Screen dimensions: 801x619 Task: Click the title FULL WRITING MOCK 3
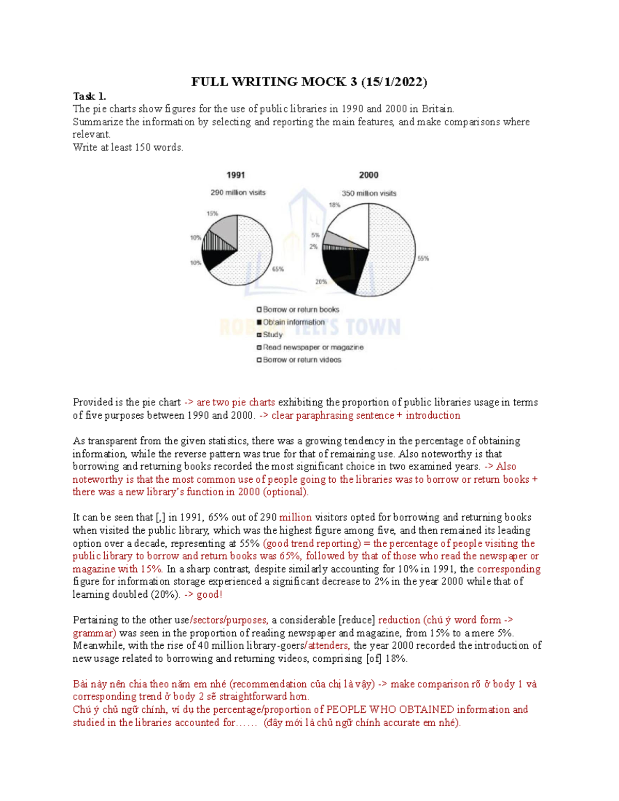click(309, 81)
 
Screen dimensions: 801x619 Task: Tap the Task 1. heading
click(89, 96)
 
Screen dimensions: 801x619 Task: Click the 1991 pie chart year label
click(236, 175)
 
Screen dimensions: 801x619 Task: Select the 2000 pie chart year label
click(368, 175)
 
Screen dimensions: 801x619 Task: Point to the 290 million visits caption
click(238, 192)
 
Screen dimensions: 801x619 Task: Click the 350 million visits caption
click(369, 193)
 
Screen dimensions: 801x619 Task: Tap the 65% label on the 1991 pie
click(278, 269)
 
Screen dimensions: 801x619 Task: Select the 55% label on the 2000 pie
click(423, 258)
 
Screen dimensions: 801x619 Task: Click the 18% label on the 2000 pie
click(334, 205)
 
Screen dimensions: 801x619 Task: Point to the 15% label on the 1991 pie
click(212, 213)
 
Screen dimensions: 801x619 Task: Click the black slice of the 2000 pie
click(343, 268)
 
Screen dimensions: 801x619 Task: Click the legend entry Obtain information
click(294, 322)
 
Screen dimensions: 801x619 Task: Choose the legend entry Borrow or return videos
click(302, 360)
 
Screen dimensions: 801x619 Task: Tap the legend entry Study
click(272, 335)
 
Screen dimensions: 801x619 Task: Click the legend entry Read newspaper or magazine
click(313, 348)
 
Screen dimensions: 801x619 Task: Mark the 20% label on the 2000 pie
click(321, 282)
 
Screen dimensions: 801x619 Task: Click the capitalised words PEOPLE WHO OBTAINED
click(390, 710)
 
